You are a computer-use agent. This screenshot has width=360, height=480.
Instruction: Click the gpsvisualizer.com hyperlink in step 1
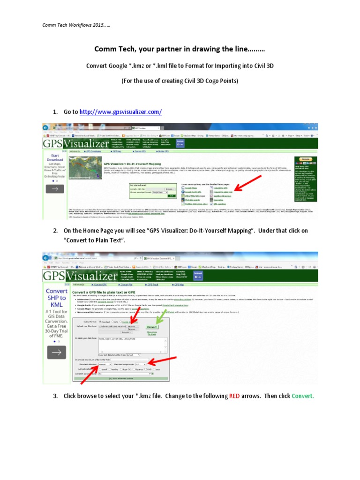pyautogui.click(x=120, y=112)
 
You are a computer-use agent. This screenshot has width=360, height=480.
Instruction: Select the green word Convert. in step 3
pyautogui.click(x=302, y=396)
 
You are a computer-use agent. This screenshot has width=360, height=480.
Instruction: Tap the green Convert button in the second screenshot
pyautogui.click(x=151, y=326)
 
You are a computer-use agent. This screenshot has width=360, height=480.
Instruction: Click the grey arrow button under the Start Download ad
pyautogui.click(x=55, y=189)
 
